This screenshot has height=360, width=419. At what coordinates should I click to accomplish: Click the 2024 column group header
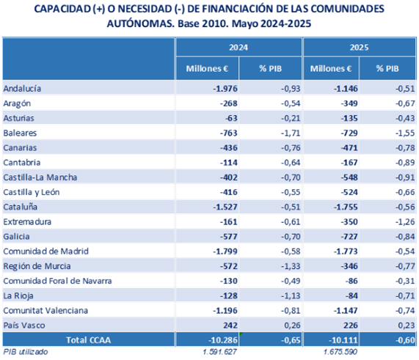pos(238,47)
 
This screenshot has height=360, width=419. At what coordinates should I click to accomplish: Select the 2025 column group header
pos(359,47)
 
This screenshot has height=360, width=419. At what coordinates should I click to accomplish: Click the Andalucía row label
pos(22,89)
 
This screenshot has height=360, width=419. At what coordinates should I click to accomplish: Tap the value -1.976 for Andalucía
pos(225,89)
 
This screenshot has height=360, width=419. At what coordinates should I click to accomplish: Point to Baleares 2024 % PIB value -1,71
pos(291,133)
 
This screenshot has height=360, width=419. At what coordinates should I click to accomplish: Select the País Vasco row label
pos(24,326)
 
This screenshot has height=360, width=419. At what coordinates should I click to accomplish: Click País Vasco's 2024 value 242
pos(230,326)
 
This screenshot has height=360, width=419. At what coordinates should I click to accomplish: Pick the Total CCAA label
pos(89,340)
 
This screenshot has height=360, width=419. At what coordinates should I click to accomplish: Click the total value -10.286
pos(223,340)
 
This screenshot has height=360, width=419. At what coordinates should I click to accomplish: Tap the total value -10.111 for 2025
pos(343,340)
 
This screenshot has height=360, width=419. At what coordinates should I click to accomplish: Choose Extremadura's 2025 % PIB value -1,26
pos(405,221)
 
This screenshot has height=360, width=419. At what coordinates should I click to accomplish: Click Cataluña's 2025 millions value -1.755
pos(346,207)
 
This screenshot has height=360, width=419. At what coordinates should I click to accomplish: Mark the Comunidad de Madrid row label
pos(45,251)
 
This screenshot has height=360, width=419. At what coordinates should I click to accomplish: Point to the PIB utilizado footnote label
pos(26,352)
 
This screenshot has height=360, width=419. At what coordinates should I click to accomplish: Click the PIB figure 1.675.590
pos(340,352)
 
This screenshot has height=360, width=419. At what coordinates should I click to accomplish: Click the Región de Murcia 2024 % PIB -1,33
pos(291,266)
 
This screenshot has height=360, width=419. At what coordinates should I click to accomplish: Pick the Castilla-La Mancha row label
pos(40,177)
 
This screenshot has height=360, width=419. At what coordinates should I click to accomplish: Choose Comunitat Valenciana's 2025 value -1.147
pos(346,310)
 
